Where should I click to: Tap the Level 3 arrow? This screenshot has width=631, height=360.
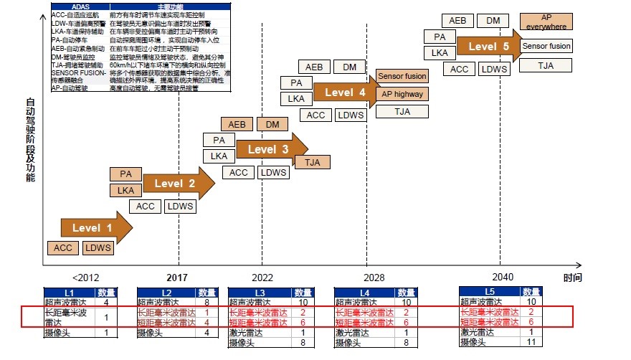(267, 150)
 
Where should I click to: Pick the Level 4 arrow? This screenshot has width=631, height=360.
(344, 93)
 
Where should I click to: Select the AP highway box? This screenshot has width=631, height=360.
(402, 94)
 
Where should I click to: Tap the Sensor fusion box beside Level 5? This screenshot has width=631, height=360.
(546, 46)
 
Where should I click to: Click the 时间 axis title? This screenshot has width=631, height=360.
(572, 278)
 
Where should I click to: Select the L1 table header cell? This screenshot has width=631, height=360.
(69, 293)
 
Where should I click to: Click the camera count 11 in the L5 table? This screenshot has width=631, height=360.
(531, 343)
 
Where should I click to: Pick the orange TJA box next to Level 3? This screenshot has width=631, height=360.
(313, 162)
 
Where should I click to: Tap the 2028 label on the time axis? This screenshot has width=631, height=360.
(374, 277)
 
